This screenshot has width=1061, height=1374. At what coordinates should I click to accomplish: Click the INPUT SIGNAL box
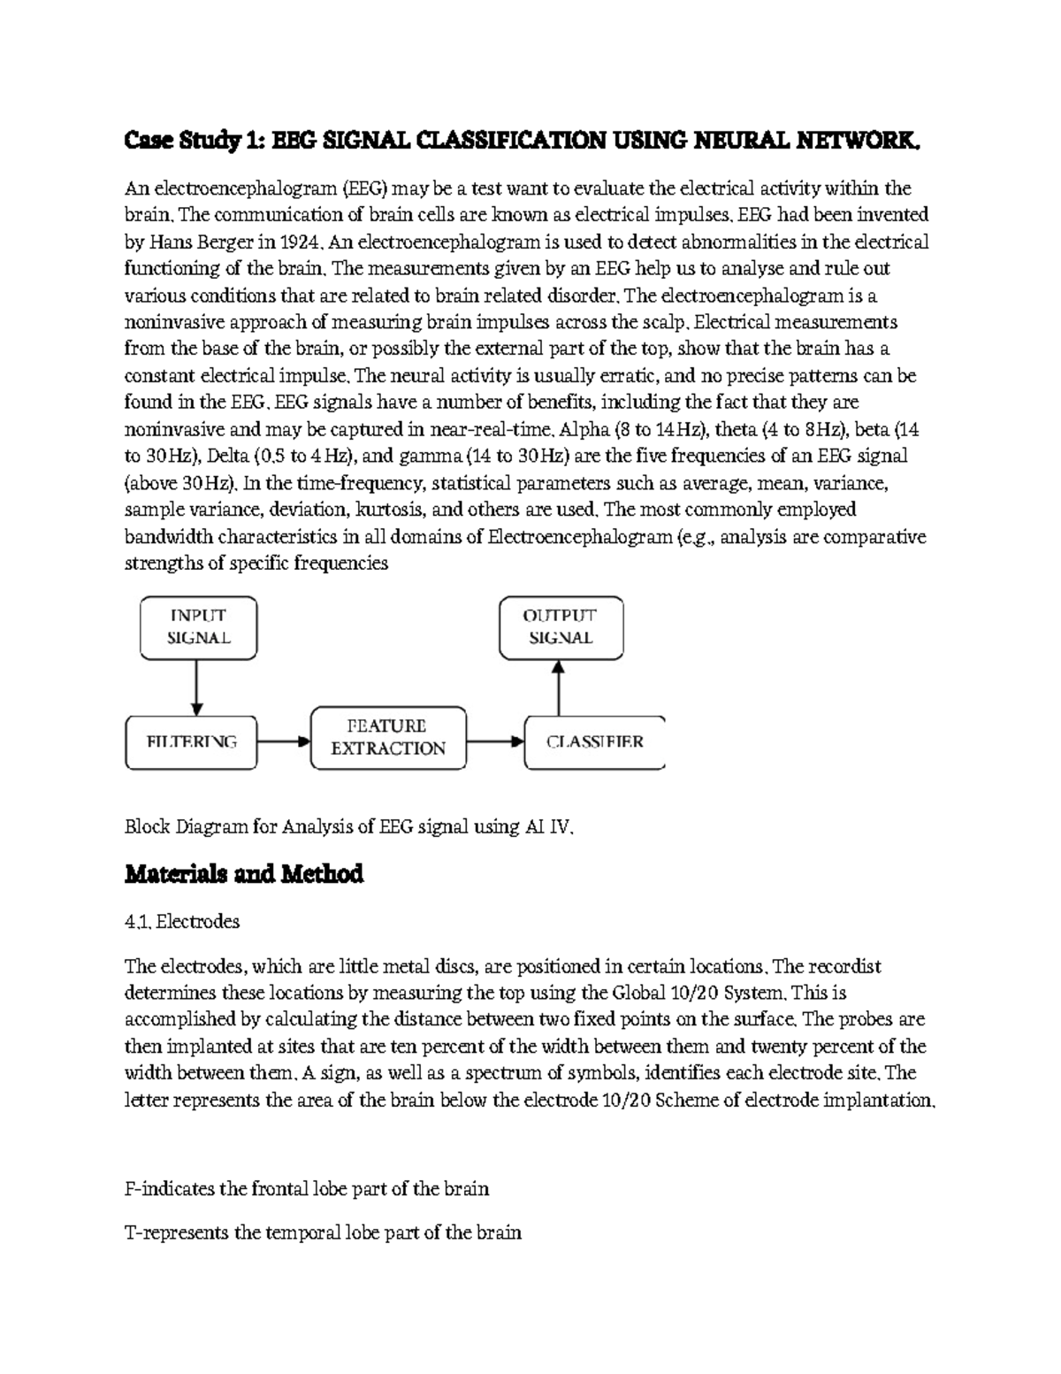[198, 627]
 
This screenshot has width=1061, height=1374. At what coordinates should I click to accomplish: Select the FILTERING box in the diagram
[192, 741]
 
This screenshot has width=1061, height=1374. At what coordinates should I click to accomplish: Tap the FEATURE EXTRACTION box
[388, 737]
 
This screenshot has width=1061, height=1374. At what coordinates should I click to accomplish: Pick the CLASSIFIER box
[594, 741]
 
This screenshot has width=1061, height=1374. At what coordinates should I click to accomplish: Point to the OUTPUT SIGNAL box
[561, 627]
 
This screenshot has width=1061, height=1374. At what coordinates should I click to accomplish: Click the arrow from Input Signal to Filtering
[197, 688]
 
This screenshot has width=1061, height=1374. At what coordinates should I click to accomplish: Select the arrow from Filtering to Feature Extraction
[284, 741]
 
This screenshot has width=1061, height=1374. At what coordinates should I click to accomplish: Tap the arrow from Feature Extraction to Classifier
[495, 741]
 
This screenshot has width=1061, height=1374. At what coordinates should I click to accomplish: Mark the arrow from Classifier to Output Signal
[559, 688]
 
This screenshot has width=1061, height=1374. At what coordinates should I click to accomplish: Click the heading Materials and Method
[244, 874]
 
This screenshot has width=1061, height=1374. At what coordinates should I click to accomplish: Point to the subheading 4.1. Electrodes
[182, 921]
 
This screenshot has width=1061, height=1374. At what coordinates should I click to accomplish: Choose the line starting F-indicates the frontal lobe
[307, 1188]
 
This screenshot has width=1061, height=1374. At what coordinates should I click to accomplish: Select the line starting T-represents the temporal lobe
[323, 1232]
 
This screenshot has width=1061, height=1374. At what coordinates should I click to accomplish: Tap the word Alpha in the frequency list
[584, 430]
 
